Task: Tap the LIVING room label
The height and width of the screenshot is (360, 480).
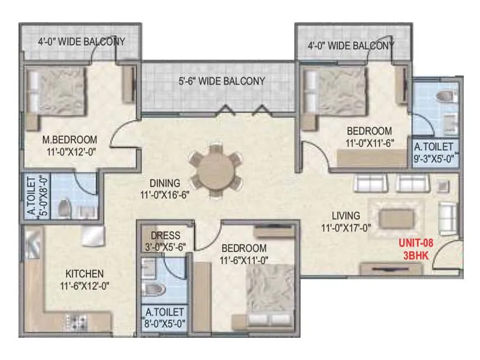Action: pyautogui.click(x=347, y=215)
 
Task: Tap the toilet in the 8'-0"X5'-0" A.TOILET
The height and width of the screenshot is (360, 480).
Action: pyautogui.click(x=155, y=290)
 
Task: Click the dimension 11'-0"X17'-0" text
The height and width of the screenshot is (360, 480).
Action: pyautogui.click(x=347, y=227)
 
